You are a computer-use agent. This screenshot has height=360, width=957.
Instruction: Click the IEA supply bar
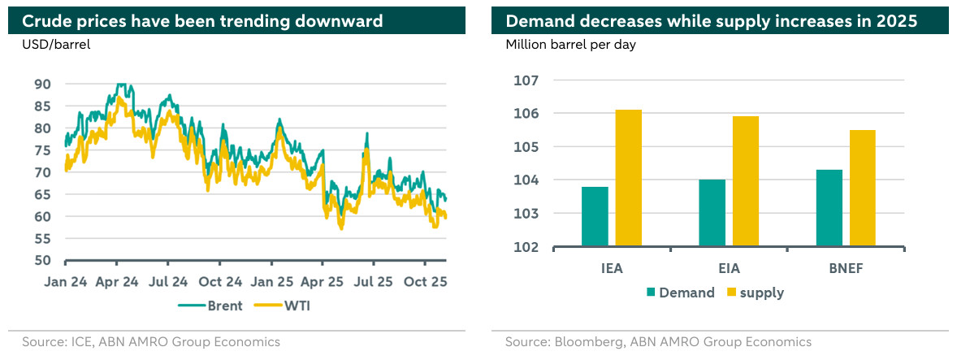pos(628,178)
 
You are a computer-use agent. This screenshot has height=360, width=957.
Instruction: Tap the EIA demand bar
pos(712,213)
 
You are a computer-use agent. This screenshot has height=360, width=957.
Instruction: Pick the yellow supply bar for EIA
pos(745,181)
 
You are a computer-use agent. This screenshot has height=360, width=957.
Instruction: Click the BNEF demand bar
pos(829,208)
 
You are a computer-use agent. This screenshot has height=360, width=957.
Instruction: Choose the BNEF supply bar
pos(862,188)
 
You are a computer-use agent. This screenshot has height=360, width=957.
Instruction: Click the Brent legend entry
pos(213,306)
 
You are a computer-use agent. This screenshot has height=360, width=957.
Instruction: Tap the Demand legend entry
pos(681,293)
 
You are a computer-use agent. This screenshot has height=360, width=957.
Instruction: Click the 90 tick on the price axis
pos(42,84)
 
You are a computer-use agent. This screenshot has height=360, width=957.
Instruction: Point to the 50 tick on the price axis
pos(42,261)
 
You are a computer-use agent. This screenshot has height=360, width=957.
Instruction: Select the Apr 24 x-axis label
pos(116,281)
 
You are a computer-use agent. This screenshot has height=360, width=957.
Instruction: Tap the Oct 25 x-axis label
pos(425,281)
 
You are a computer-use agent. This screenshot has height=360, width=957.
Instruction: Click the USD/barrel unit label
pos(56,45)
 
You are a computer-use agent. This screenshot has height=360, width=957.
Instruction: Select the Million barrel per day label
pos(570,45)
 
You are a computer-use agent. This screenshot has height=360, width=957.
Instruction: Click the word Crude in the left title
pos(45,21)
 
